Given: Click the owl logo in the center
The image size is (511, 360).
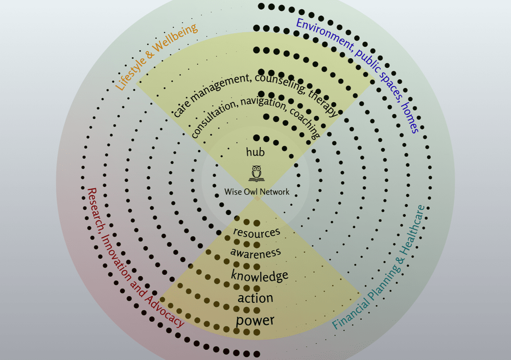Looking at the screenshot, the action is [257, 174].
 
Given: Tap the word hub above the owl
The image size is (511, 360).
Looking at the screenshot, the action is [255, 152].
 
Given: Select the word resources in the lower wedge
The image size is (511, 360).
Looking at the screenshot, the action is [257, 232].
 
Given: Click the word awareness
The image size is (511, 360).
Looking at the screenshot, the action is [255, 253].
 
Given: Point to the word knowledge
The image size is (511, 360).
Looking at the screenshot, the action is [260, 276].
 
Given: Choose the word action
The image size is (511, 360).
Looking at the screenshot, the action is [255, 298].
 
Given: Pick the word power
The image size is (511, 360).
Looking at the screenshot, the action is [255, 321].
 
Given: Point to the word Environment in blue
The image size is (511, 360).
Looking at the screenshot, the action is [324, 34].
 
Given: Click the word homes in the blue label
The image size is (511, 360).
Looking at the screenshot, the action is [410, 117].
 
